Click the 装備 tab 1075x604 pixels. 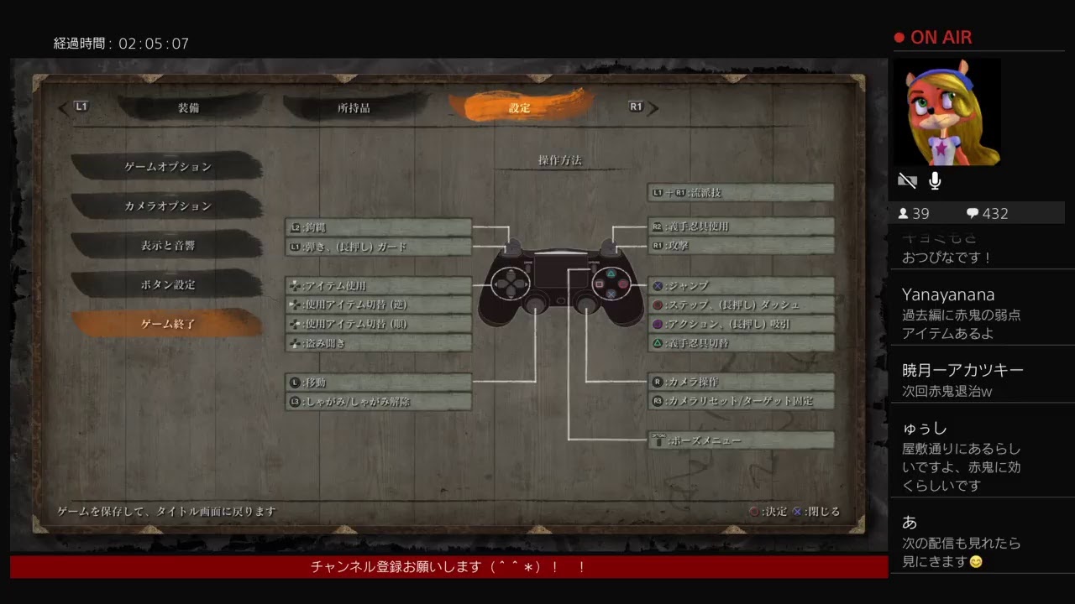pyautogui.click(x=188, y=107)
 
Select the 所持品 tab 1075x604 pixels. pyautogui.click(x=354, y=107)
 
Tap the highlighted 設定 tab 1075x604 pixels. pyautogui.click(x=519, y=107)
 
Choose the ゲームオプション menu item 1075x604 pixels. pyautogui.click(x=167, y=166)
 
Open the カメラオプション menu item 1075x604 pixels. pyautogui.click(x=167, y=206)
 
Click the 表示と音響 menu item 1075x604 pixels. pyautogui.click(x=167, y=245)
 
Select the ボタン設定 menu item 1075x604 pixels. pyautogui.click(x=167, y=284)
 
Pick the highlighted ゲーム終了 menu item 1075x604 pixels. pyautogui.click(x=167, y=324)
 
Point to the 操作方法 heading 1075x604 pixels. pyautogui.click(x=559, y=159)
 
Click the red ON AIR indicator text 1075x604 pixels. pyautogui.click(x=941, y=37)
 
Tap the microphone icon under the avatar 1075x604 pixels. pyautogui.click(x=935, y=180)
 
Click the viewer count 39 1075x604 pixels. pyautogui.click(x=920, y=213)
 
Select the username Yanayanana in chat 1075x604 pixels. pyautogui.click(x=948, y=294)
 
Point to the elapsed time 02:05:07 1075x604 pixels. pyautogui.click(x=154, y=44)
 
